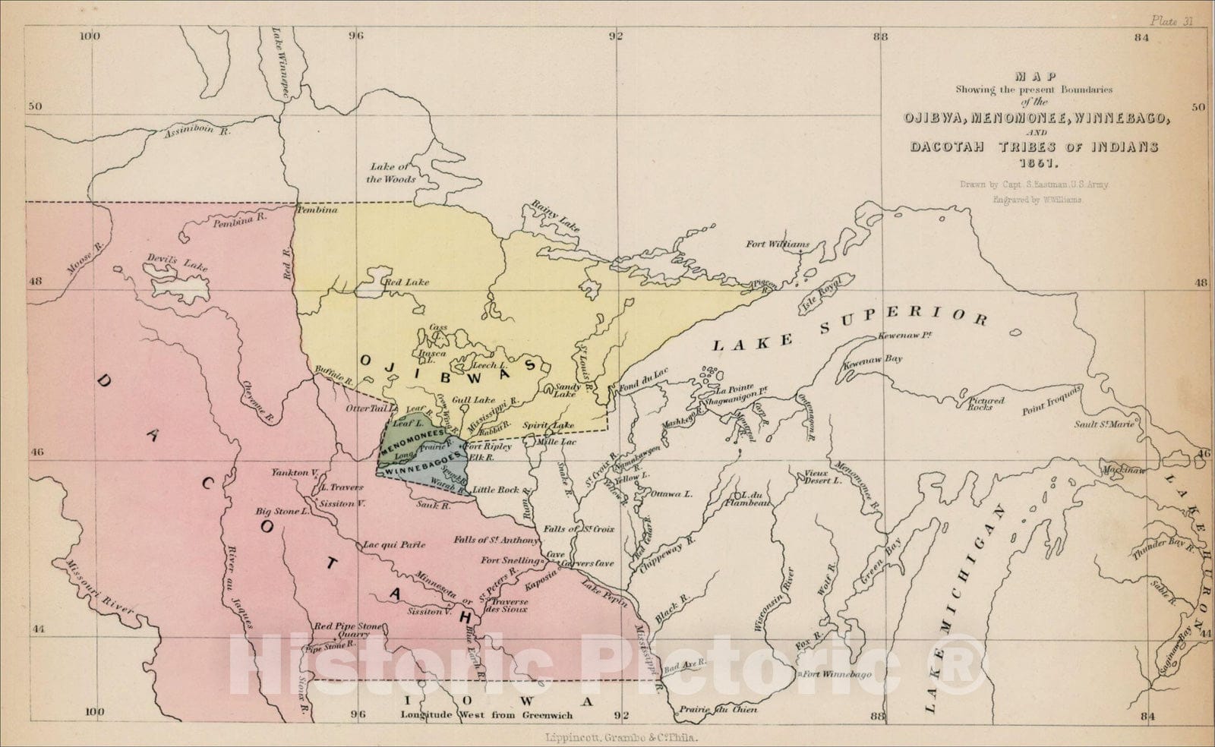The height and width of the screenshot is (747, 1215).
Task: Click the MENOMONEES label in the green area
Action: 414,439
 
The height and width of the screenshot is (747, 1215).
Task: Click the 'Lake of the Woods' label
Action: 393,173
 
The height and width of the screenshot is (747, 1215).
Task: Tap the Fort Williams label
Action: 777,244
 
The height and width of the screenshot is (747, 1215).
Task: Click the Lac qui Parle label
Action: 393,544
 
